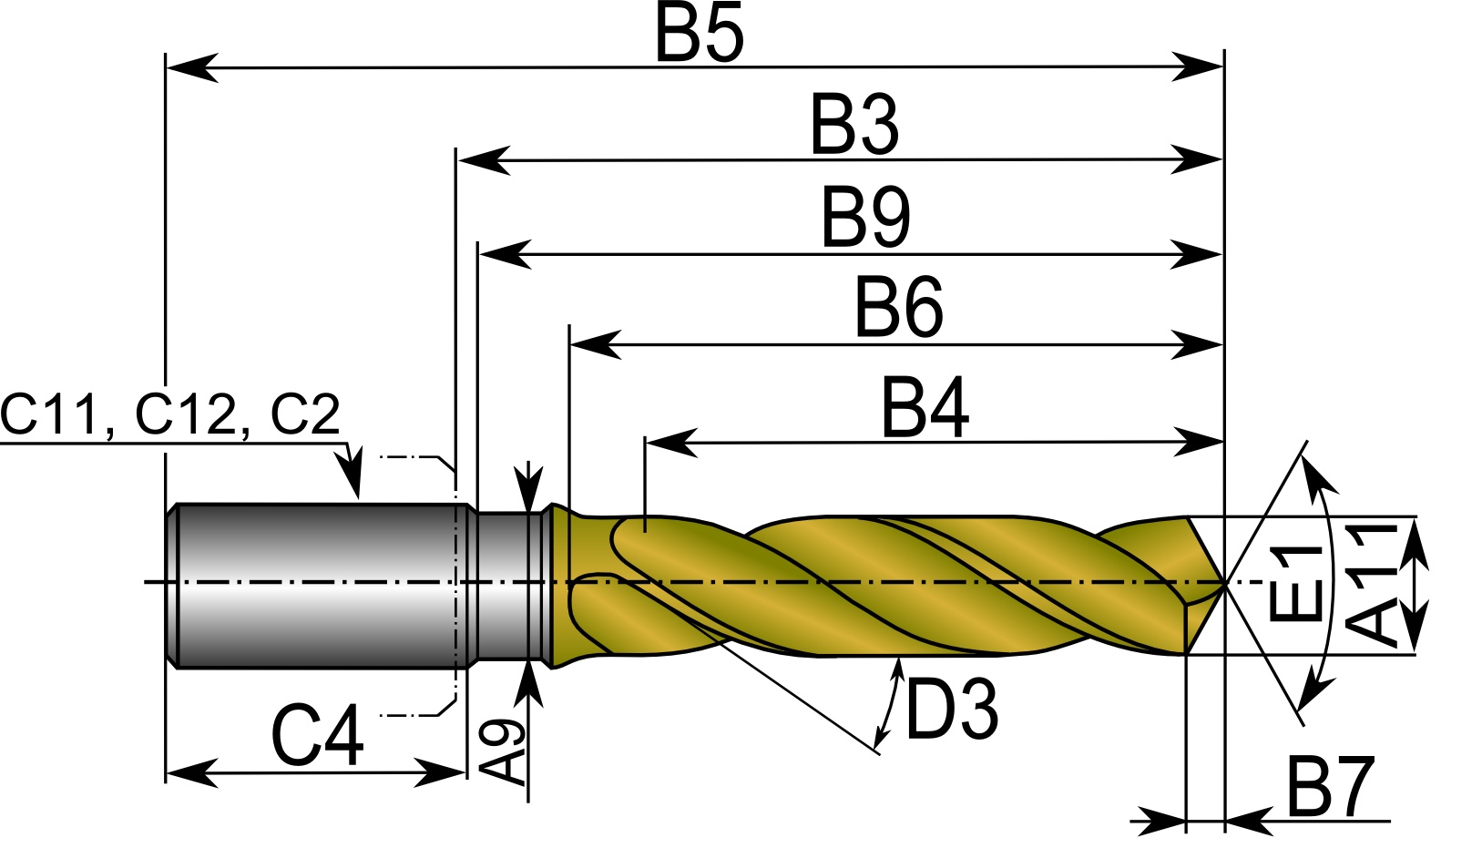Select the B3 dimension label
(854, 126)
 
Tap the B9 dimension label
(865, 219)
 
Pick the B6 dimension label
(898, 309)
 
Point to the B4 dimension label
(925, 409)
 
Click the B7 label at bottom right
(1329, 788)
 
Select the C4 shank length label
(318, 736)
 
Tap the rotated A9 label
(502, 752)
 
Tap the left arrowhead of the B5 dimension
(187, 67)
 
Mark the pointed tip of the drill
(1223, 582)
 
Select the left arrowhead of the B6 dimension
(592, 345)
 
